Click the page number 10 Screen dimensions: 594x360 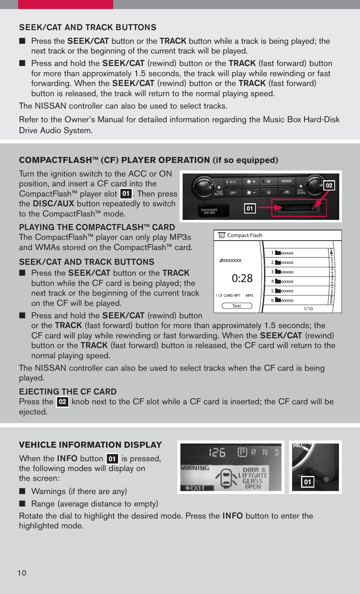pos(22,573)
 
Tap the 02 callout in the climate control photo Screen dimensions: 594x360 pos(329,185)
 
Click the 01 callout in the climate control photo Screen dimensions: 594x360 pos(250,209)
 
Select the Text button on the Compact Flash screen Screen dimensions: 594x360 pos(237,306)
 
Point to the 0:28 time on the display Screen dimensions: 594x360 pos(242,278)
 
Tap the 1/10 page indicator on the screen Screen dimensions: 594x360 pos(308,309)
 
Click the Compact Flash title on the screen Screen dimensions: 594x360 pos(244,235)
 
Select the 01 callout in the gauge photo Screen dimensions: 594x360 pos(308,482)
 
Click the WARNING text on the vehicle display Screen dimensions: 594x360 pos(195,468)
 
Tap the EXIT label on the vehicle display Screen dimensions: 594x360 pos(196,488)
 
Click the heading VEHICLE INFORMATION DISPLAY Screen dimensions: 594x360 pos(91,445)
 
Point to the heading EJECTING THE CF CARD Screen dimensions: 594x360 pos(68,391)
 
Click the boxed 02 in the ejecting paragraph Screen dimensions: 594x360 pos(62,402)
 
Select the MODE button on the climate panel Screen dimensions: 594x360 pos(286,181)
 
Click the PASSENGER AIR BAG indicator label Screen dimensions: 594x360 pos(209,211)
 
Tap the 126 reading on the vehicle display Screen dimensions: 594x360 pos(217,452)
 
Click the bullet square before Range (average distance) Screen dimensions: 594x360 pos(23,503)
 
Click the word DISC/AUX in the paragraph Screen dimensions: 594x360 pos(53,204)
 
